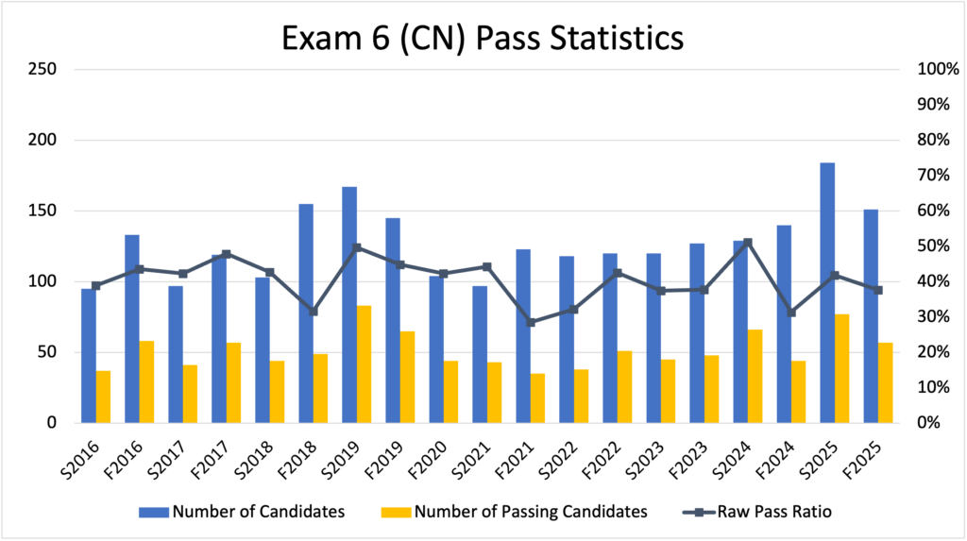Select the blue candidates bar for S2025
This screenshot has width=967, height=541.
pyautogui.click(x=827, y=293)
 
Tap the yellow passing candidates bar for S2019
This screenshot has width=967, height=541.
pyautogui.click(x=364, y=364)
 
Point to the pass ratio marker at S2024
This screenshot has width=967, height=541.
pyautogui.click(x=748, y=243)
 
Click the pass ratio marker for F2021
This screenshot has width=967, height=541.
pyautogui.click(x=531, y=322)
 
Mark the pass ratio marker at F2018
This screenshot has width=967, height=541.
pyautogui.click(x=314, y=312)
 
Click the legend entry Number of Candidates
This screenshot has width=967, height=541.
pyautogui.click(x=241, y=512)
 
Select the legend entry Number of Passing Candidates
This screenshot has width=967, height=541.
pyautogui.click(x=515, y=512)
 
